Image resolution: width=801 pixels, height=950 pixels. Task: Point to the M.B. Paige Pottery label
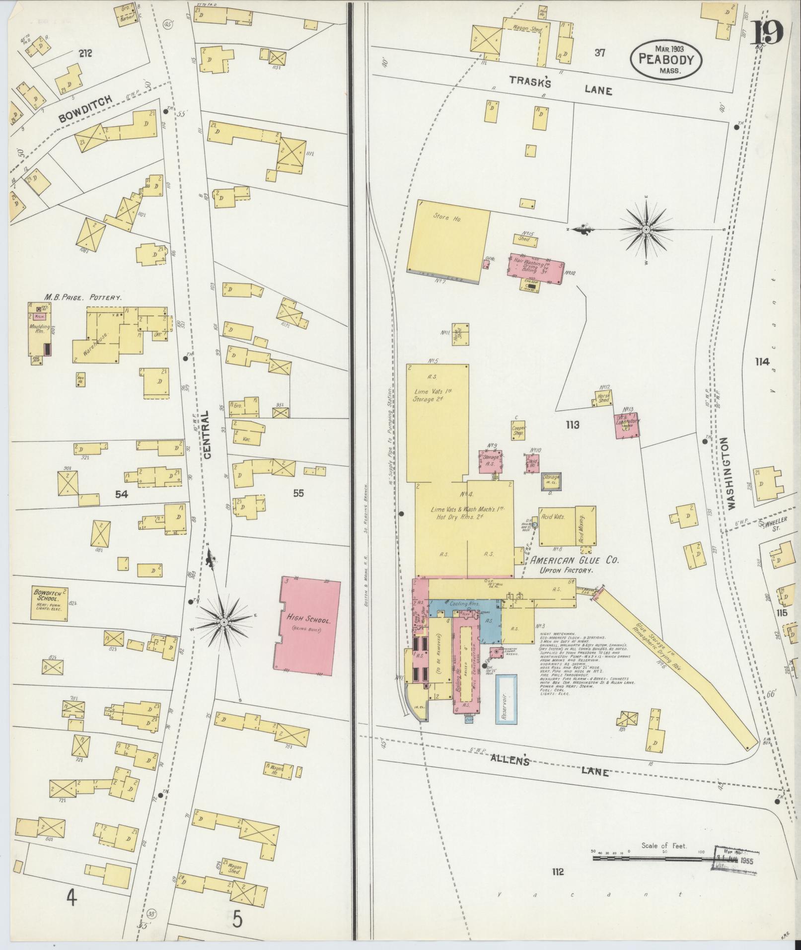[x=82, y=297]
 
